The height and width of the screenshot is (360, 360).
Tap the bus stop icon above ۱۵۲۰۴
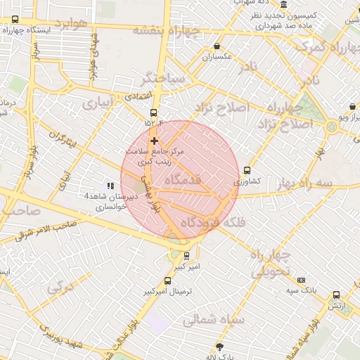[154, 112]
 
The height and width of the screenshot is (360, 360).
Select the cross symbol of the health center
[154, 141]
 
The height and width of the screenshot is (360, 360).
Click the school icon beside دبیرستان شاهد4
[110, 186]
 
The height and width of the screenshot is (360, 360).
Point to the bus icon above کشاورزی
[247, 170]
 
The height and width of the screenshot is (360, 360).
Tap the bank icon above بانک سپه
[302, 279]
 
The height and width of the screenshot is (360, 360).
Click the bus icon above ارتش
[336, 295]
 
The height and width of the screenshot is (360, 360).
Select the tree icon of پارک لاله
[219, 347]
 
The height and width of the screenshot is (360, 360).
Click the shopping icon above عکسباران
[217, 46]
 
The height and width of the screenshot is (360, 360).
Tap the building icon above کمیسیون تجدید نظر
[283, 4]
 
